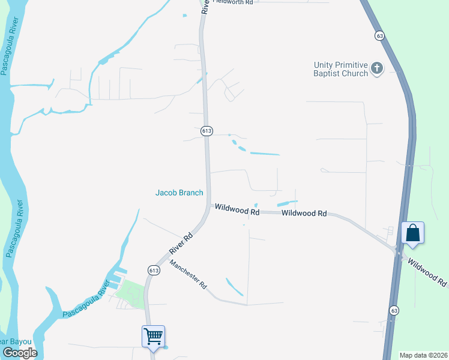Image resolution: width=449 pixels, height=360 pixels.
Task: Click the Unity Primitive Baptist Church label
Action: click(340, 69)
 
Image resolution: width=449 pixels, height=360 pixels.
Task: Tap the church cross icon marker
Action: click(376, 68)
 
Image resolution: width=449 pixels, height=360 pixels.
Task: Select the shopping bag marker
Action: click(413, 232)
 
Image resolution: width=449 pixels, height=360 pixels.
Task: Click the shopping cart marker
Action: click(153, 336)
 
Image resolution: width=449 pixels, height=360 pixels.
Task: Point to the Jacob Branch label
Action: click(179, 193)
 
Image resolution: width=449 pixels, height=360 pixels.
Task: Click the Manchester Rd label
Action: click(188, 275)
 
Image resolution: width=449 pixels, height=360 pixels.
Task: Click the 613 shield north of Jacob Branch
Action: click(206, 131)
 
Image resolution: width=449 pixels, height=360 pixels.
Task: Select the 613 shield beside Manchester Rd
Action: click(154, 271)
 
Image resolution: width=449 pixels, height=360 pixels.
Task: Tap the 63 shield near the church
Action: click(379, 36)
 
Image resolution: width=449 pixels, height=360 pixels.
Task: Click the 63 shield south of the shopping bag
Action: click(394, 310)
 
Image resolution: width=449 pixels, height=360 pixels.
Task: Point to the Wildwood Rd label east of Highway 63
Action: click(427, 271)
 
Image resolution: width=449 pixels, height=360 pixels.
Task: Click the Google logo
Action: click(19, 352)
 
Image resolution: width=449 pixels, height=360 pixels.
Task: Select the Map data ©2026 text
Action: click(423, 355)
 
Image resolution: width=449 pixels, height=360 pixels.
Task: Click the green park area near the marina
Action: click(131, 293)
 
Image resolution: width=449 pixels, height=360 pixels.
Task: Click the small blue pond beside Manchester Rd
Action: click(234, 286)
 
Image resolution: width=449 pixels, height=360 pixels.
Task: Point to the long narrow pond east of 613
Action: click(264, 154)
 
